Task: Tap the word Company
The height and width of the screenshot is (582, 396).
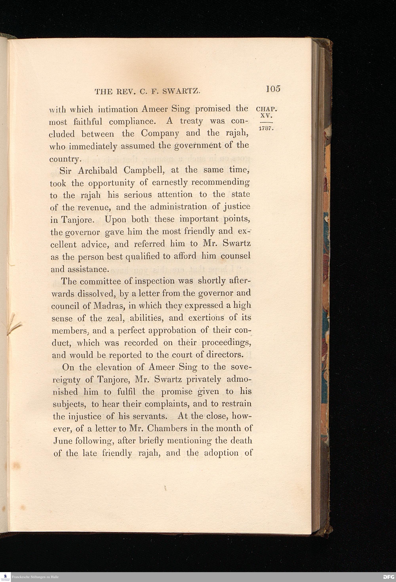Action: tap(160, 133)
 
